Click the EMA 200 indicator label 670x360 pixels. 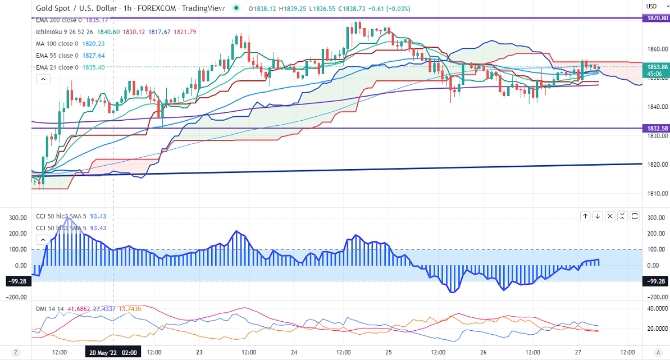(x=55, y=20)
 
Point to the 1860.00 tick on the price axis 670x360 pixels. (x=657, y=49)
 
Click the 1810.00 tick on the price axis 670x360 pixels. (x=657, y=194)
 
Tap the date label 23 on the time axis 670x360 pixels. (x=199, y=352)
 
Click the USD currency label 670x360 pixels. (x=651, y=6)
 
